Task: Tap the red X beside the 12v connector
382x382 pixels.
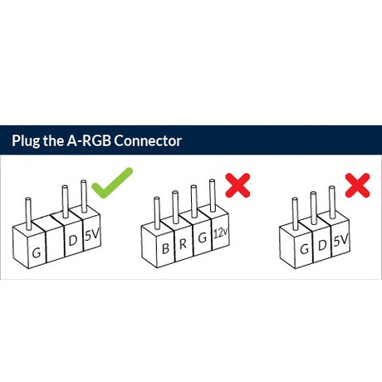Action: coord(238,185)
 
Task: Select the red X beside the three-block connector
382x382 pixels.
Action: coord(358,185)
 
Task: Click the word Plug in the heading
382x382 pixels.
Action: coord(26,141)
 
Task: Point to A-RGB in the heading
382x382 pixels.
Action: coord(89,140)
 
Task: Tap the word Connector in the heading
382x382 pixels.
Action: coord(148,141)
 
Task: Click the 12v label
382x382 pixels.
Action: coord(221,233)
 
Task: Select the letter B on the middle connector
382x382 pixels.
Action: coord(165,248)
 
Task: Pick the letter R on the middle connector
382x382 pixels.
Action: coord(183,243)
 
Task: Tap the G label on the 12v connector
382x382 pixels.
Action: coord(203,238)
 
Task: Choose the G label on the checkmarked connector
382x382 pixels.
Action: coord(37,252)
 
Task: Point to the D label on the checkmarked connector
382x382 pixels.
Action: coord(72,240)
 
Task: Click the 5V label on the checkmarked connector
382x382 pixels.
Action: coord(92,235)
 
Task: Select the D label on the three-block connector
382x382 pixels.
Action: coord(322,245)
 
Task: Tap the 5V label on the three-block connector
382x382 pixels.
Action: coord(340,240)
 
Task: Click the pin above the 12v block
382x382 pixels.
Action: coord(213,195)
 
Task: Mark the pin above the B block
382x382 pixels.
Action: coord(157,213)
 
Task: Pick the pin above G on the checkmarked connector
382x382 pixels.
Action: coord(28,213)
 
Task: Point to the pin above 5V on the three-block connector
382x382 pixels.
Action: coord(331,202)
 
